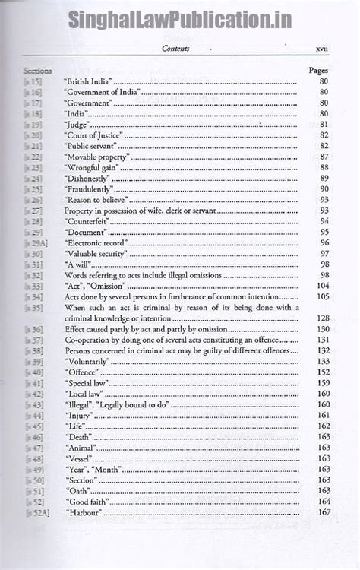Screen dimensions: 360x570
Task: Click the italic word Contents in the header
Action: [x=175, y=49]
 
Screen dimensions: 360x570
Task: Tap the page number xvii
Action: [x=321, y=49]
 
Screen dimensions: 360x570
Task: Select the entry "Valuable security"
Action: [x=95, y=253]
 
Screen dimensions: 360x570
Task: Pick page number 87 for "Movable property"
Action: [x=324, y=157]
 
